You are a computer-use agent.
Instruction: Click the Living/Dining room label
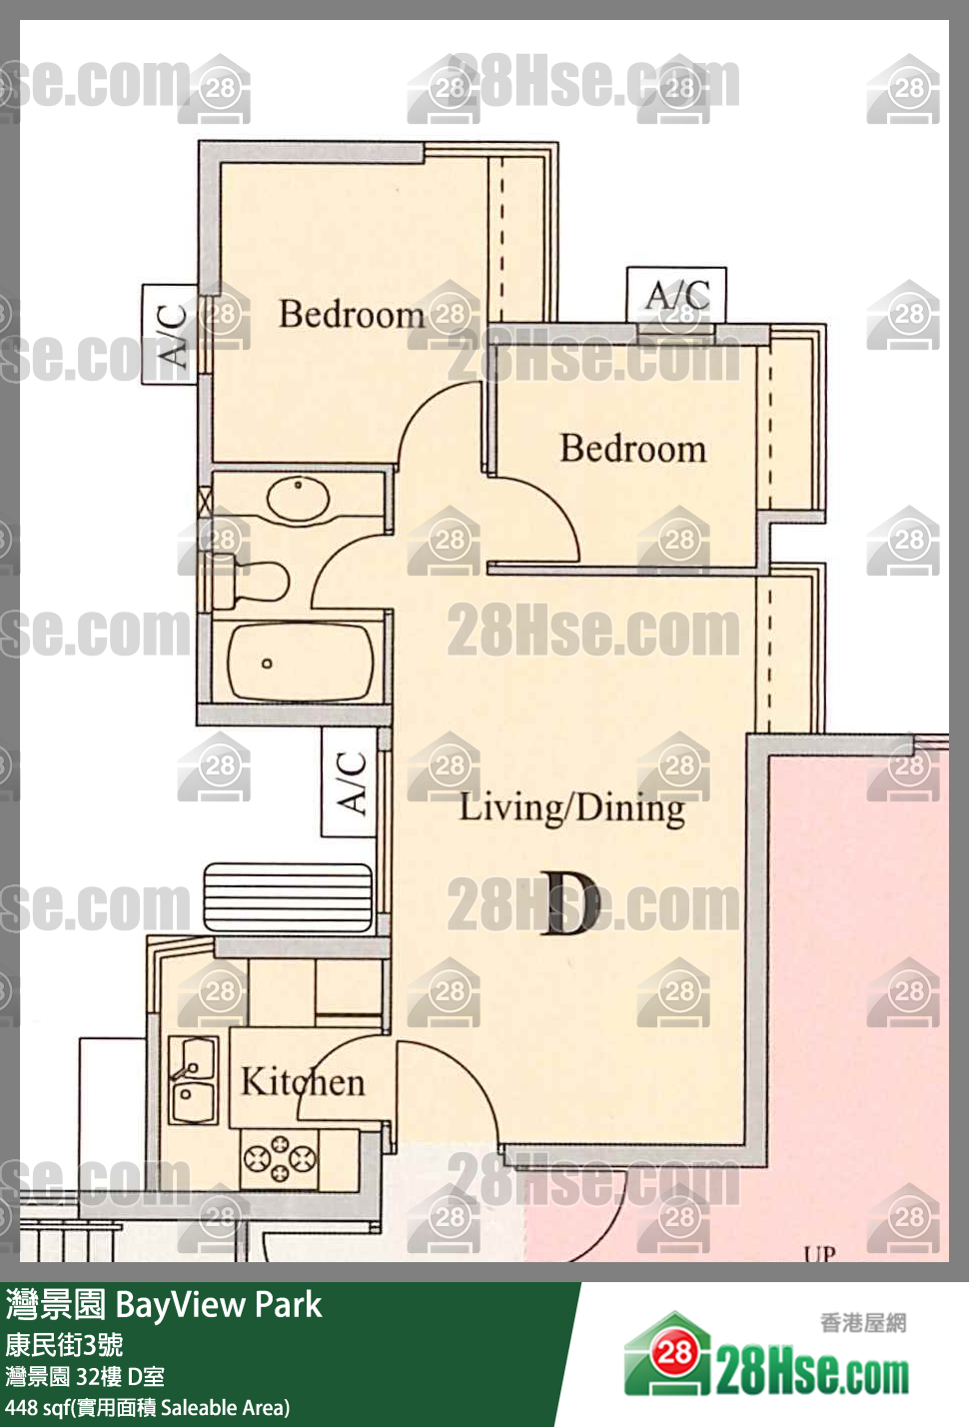[x=571, y=809]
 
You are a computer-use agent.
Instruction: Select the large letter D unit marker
[x=570, y=903]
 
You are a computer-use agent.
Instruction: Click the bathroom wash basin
[x=299, y=498]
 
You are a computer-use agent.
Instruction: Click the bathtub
[x=301, y=663]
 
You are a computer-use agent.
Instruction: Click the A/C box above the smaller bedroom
[x=676, y=295]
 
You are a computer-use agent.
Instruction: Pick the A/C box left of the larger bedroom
[x=170, y=335]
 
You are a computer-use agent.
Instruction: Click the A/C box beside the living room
[x=350, y=782]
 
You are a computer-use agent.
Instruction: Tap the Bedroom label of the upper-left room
[x=352, y=314]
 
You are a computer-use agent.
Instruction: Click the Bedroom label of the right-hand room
[x=632, y=449]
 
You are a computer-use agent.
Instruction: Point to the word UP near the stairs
[x=820, y=1254]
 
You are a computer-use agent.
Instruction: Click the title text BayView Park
[x=219, y=1305]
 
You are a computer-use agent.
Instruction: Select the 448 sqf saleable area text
[x=148, y=1407]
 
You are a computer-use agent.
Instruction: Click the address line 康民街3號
[x=64, y=1345]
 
